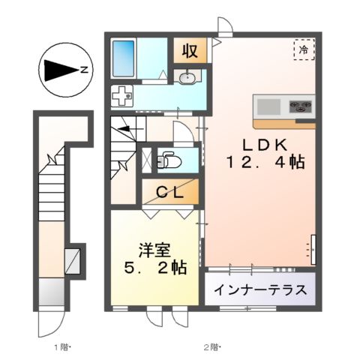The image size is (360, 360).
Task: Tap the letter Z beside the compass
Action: (x=85, y=71)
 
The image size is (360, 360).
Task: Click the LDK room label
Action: (x=263, y=142)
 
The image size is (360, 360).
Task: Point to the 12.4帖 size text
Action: (x=263, y=161)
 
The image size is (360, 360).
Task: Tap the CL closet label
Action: (x=170, y=191)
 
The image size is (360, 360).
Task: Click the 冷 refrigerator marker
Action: (x=304, y=50)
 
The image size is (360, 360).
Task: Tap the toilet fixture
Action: (x=168, y=160)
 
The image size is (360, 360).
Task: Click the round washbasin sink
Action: (x=187, y=77)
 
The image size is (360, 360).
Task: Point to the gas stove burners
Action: (x=301, y=106)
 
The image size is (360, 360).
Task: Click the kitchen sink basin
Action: (x=268, y=105)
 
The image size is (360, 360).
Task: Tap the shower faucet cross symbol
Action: (x=121, y=94)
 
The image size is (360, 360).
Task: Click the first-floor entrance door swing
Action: (x=52, y=322)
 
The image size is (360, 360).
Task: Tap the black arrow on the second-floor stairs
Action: (x=121, y=128)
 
